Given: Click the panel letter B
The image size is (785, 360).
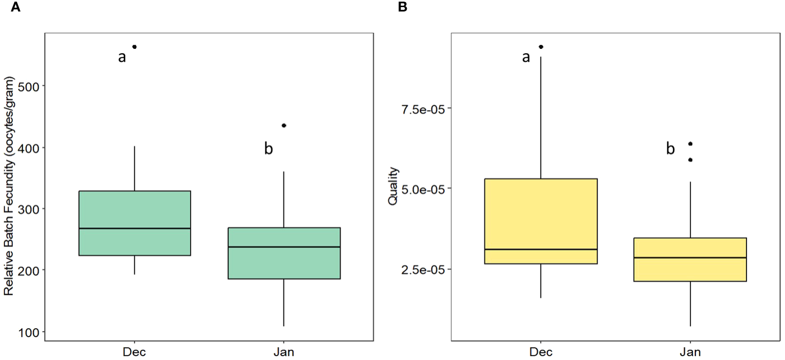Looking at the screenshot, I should (402, 8).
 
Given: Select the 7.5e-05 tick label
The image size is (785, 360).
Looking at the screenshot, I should (424, 109).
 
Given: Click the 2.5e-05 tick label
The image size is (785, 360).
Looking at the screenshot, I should (424, 269).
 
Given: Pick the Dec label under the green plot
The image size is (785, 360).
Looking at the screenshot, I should (134, 352).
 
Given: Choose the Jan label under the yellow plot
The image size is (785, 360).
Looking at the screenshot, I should (690, 352).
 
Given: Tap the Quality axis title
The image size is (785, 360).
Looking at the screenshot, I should (393, 186).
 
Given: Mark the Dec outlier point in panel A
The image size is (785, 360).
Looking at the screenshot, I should (134, 46).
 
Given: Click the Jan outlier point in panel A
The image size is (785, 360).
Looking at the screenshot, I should (284, 125).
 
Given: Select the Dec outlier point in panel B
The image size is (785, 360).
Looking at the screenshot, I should (541, 46).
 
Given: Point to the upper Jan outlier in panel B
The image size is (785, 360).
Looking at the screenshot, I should (691, 144).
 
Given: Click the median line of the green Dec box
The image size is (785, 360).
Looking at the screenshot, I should (134, 228).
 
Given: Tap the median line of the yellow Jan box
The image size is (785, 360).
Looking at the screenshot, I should (690, 258).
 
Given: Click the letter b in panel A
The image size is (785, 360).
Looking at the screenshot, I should (268, 149).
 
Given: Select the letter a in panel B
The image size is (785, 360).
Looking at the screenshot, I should (525, 57).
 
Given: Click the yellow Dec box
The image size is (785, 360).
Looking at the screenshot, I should (541, 213).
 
